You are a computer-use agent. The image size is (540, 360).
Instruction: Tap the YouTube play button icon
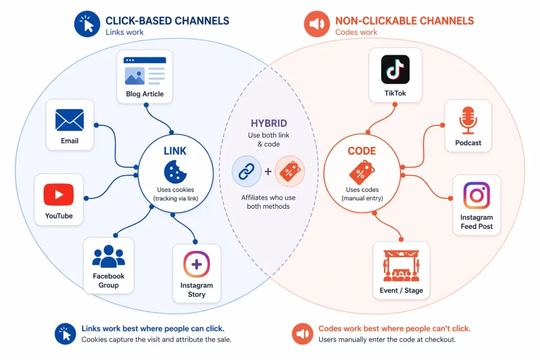pos(59,194)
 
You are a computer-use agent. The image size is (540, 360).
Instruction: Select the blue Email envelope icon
pos(70,120)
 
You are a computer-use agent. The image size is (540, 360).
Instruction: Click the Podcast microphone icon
pos(468,120)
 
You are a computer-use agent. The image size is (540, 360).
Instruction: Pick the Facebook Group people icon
pos(109,257)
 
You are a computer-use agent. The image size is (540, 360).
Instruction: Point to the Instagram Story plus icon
pos(196,265)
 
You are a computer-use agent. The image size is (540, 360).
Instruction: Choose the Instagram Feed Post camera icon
pos(476,196)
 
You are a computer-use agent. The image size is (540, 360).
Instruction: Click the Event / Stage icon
pos(401,266)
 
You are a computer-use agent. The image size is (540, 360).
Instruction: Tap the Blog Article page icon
pos(144,71)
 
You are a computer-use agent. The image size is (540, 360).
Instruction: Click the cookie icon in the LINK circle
pos(175,172)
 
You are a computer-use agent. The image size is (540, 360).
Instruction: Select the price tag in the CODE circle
pos(362,172)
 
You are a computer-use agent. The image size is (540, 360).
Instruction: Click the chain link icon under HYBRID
pos(246,171)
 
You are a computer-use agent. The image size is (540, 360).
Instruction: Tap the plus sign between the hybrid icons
pos(268,171)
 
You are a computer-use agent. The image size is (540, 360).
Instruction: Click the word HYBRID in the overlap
pos(268,123)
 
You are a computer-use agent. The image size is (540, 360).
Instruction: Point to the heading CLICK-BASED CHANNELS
pos(167,21)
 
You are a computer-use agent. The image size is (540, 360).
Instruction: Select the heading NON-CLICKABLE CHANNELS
pos(404,21)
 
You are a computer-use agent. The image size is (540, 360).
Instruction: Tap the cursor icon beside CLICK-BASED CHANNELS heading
pos(87,24)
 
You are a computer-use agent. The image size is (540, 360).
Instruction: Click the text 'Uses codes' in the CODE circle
pos(362,189)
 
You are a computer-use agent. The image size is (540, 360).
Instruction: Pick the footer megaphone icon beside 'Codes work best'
pos(302,334)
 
